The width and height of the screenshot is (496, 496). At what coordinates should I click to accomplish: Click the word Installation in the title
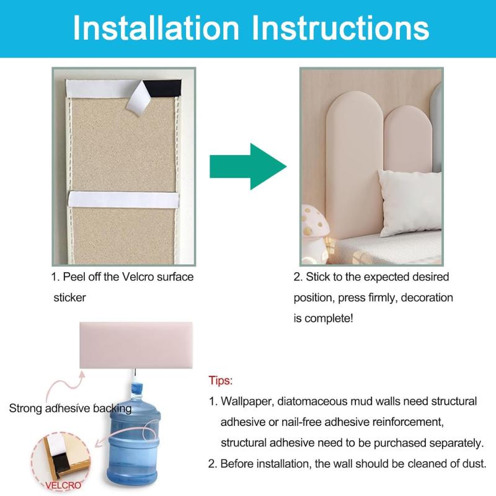coord(156,28)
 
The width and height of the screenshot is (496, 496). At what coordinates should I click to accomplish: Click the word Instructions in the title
coord(340,28)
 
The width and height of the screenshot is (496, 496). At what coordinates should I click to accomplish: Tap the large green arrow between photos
coord(248,166)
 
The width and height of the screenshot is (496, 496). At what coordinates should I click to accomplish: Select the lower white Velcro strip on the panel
coord(123,200)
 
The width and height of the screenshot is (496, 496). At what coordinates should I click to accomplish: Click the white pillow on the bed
coord(410,203)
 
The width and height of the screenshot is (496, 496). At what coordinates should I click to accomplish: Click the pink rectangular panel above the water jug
coord(136,345)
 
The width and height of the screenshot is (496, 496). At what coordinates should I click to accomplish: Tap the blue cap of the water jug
coord(136,389)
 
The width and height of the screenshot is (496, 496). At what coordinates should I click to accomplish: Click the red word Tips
coord(221,380)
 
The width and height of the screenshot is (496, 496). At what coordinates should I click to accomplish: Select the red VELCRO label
coord(63,485)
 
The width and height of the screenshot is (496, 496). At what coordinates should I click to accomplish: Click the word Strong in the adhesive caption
coord(25,409)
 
